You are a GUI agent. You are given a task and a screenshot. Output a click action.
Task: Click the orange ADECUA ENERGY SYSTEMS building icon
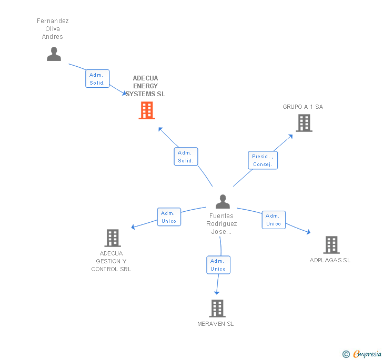coord(147,110)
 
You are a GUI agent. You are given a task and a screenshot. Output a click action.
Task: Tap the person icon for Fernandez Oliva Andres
coord(54,54)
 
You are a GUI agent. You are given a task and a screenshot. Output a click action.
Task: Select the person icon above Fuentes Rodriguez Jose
coord(223,202)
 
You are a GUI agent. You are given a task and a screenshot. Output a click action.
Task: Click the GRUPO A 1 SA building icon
coord(304,123)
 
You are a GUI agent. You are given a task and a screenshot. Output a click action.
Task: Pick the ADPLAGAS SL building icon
coord(331,244)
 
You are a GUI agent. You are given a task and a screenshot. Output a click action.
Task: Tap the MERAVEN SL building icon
coord(217,308)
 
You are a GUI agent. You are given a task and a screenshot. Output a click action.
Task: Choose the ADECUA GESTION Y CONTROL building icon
coord(113,238)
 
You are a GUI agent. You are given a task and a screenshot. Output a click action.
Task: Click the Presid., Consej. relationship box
coord(263,160)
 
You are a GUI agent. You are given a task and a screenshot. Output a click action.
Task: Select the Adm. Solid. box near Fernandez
coord(97,79)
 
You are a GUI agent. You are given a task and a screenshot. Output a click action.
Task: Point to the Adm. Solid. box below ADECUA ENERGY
coord(186,157)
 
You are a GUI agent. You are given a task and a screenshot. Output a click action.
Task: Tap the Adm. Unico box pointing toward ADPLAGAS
coord(274,220)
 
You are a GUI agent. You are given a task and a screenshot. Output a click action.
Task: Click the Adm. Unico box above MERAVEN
coord(218,265)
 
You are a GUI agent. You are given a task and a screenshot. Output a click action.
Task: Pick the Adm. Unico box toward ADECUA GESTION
coord(169,217)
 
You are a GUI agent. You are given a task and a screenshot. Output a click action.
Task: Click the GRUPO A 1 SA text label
coord(303,107)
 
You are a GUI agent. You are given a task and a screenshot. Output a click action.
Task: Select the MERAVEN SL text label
coord(216,324)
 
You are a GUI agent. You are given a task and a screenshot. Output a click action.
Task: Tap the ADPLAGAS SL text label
coord(330,260)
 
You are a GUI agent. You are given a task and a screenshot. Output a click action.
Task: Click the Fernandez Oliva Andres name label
coord(53,29)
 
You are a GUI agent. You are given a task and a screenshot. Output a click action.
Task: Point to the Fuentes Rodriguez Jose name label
coord(221,224)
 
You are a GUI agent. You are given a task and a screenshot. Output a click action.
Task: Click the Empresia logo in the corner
coord(362,354)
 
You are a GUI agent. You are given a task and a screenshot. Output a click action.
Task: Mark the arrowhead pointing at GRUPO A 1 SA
coord(291,136)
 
